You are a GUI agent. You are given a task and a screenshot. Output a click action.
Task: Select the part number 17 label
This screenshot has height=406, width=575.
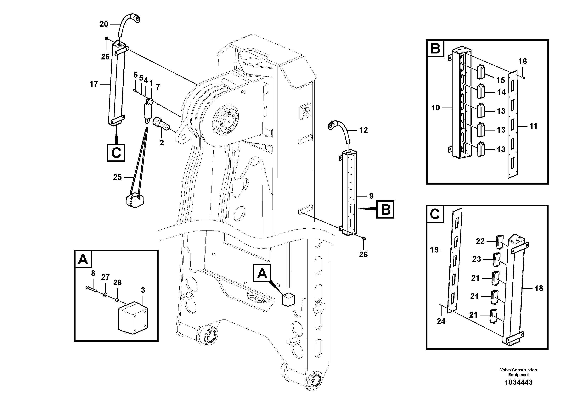94,84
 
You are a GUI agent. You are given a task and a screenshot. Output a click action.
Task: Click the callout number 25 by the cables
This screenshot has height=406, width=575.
117,177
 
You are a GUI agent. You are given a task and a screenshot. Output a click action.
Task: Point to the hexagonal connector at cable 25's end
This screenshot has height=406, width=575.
135,200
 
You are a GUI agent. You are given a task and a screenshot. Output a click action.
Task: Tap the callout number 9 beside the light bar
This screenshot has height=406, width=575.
371,196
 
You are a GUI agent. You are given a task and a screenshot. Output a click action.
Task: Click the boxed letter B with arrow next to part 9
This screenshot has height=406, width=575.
385,209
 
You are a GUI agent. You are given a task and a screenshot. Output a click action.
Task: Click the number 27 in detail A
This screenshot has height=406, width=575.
105,277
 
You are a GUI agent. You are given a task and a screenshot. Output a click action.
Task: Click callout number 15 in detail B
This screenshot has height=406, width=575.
501,80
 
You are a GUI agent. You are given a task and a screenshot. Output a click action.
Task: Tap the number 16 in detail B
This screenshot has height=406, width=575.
522,62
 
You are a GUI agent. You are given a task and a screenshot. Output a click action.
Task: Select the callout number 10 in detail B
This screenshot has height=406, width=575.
436,108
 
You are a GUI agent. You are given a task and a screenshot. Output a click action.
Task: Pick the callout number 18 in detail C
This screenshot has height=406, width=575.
539,288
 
